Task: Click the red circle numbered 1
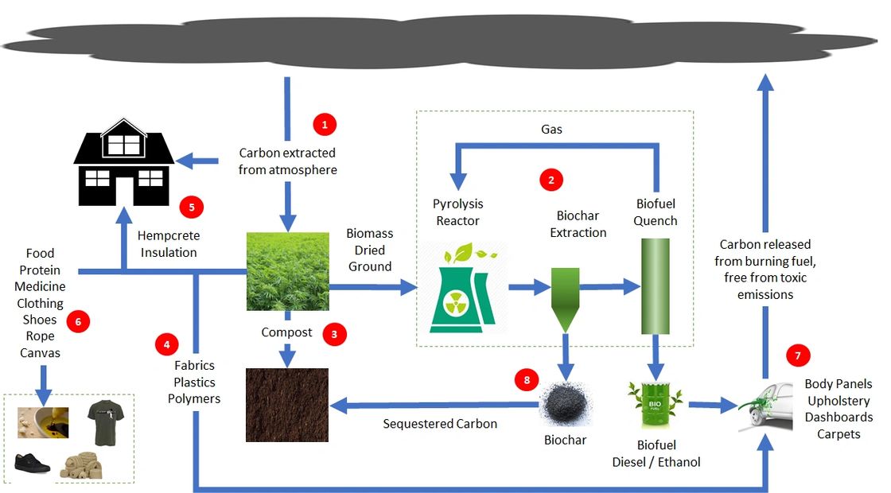[325, 124]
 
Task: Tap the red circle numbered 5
[192, 208]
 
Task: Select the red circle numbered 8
[526, 380]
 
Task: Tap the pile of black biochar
[566, 405]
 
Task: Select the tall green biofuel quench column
[656, 285]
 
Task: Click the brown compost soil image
[287, 405]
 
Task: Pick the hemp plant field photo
[287, 271]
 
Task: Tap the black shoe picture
[32, 464]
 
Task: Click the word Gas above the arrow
[552, 129]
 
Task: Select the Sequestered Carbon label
[440, 424]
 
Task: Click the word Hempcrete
[169, 236]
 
